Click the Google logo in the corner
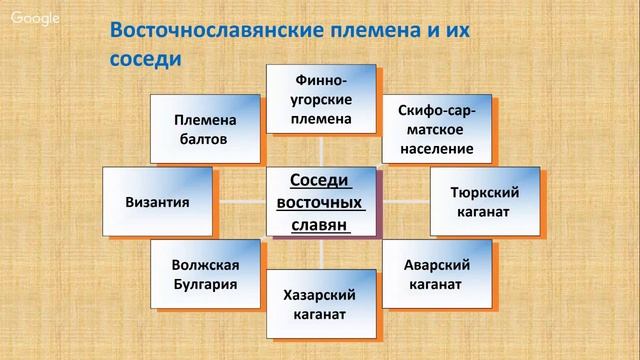point(34,18)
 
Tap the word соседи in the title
point(144,59)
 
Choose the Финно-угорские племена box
point(322,98)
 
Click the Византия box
point(158,201)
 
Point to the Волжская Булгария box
point(204,274)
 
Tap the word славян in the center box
point(321,225)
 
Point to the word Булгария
point(204,284)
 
